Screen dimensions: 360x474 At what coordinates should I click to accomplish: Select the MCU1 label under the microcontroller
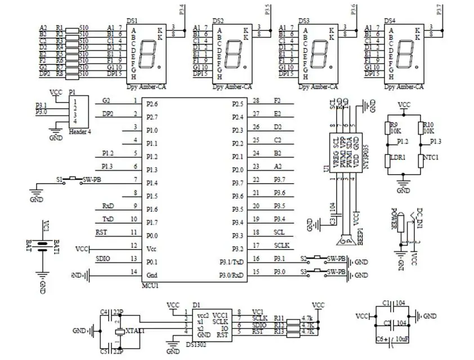point(150,285)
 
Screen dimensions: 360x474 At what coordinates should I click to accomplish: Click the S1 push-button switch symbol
point(71,179)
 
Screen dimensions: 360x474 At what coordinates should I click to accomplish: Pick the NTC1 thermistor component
point(421,161)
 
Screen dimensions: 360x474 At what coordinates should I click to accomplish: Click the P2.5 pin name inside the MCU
point(238,104)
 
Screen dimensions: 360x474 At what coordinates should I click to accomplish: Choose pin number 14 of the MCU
point(134,272)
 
